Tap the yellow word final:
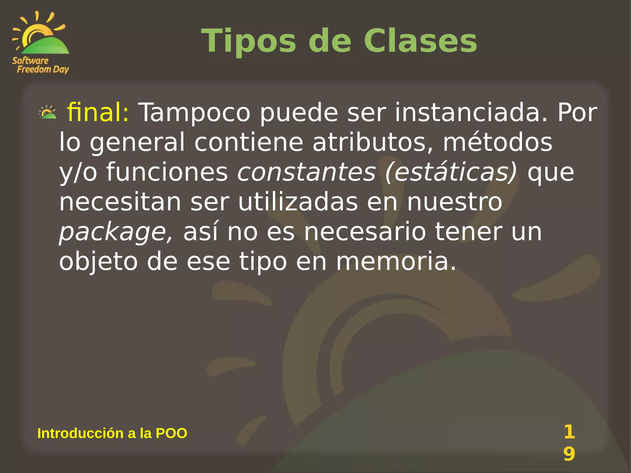(98, 112)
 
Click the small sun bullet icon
(48, 112)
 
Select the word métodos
(497, 142)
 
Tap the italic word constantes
(307, 172)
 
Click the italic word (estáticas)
(451, 172)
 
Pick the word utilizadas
(298, 202)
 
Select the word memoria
(396, 262)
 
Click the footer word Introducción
(80, 433)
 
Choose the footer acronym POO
(171, 433)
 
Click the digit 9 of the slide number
(569, 454)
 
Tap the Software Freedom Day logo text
(40, 65)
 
